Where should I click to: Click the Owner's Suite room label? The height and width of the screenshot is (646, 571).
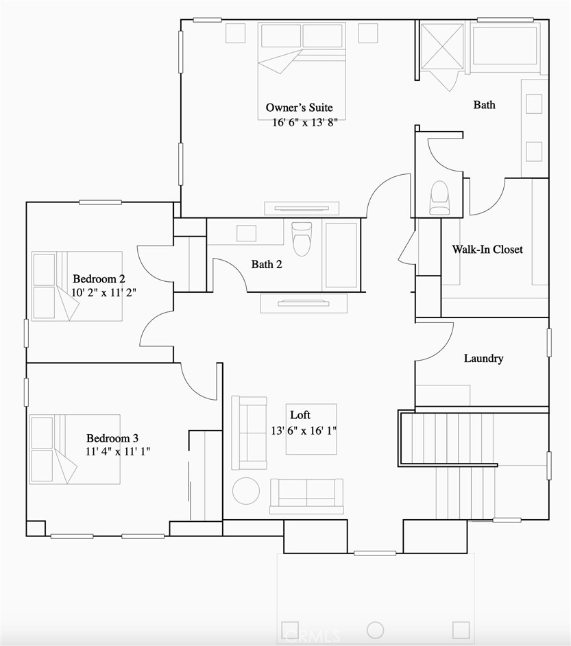click(300, 108)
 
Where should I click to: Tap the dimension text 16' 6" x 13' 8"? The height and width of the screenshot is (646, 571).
click(304, 122)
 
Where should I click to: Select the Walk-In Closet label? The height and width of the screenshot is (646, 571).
click(487, 250)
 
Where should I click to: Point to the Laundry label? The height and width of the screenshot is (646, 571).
click(483, 359)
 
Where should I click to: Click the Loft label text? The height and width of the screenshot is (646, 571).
click(300, 415)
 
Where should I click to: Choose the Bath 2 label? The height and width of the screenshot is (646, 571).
click(267, 264)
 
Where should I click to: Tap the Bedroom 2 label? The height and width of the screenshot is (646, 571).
click(99, 278)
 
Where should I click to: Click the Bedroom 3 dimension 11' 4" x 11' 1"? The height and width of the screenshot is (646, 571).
click(118, 451)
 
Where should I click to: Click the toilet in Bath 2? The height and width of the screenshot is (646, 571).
click(302, 237)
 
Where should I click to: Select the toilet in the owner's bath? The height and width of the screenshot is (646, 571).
click(439, 197)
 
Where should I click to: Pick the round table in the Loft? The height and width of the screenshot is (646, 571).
click(246, 491)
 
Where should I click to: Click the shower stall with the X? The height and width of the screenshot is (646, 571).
click(442, 47)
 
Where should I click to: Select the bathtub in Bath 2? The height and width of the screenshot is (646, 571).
click(341, 254)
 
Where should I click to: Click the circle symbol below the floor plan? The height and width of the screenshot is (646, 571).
click(375, 630)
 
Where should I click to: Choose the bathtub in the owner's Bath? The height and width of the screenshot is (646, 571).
click(505, 47)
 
